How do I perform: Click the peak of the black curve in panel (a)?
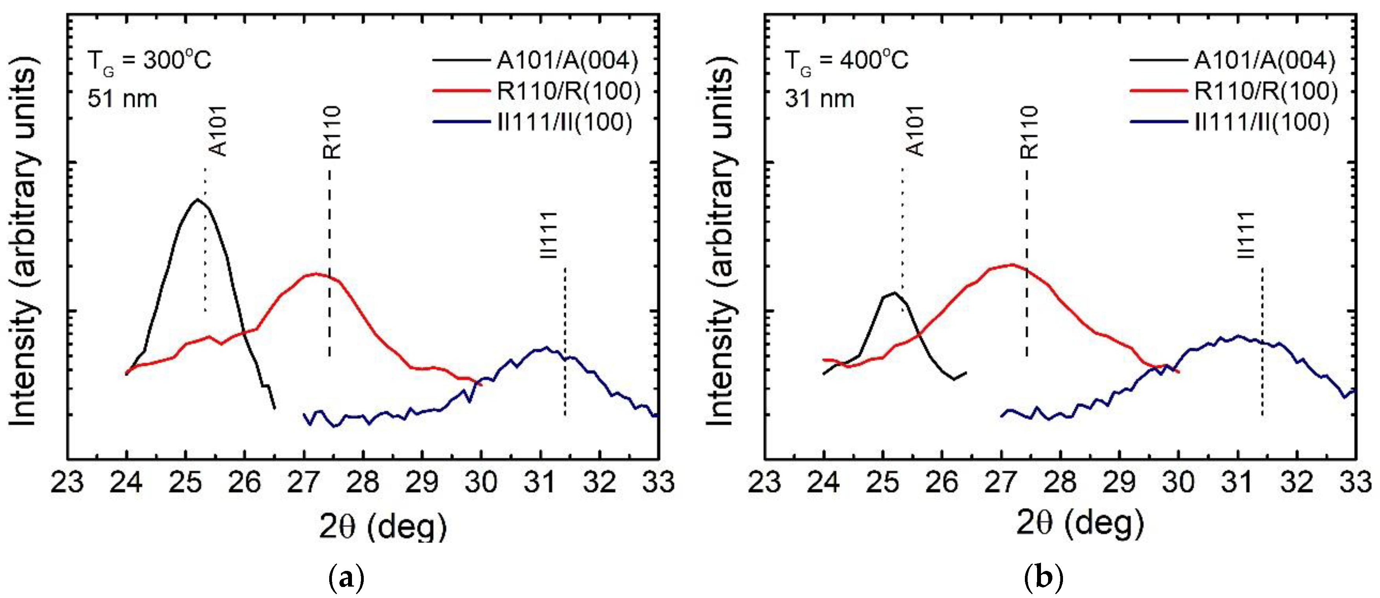pos(197,200)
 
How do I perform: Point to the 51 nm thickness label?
pos(122,99)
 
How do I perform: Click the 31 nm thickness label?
pos(820,99)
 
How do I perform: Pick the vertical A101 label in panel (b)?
pos(916,131)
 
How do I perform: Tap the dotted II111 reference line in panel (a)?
pos(564,343)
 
